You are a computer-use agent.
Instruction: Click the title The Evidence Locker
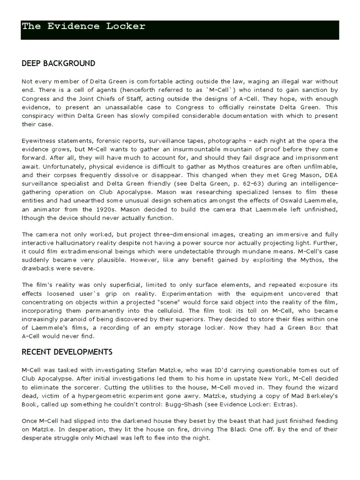click(x=83, y=27)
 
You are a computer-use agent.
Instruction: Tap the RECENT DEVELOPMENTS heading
click(x=67, y=352)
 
